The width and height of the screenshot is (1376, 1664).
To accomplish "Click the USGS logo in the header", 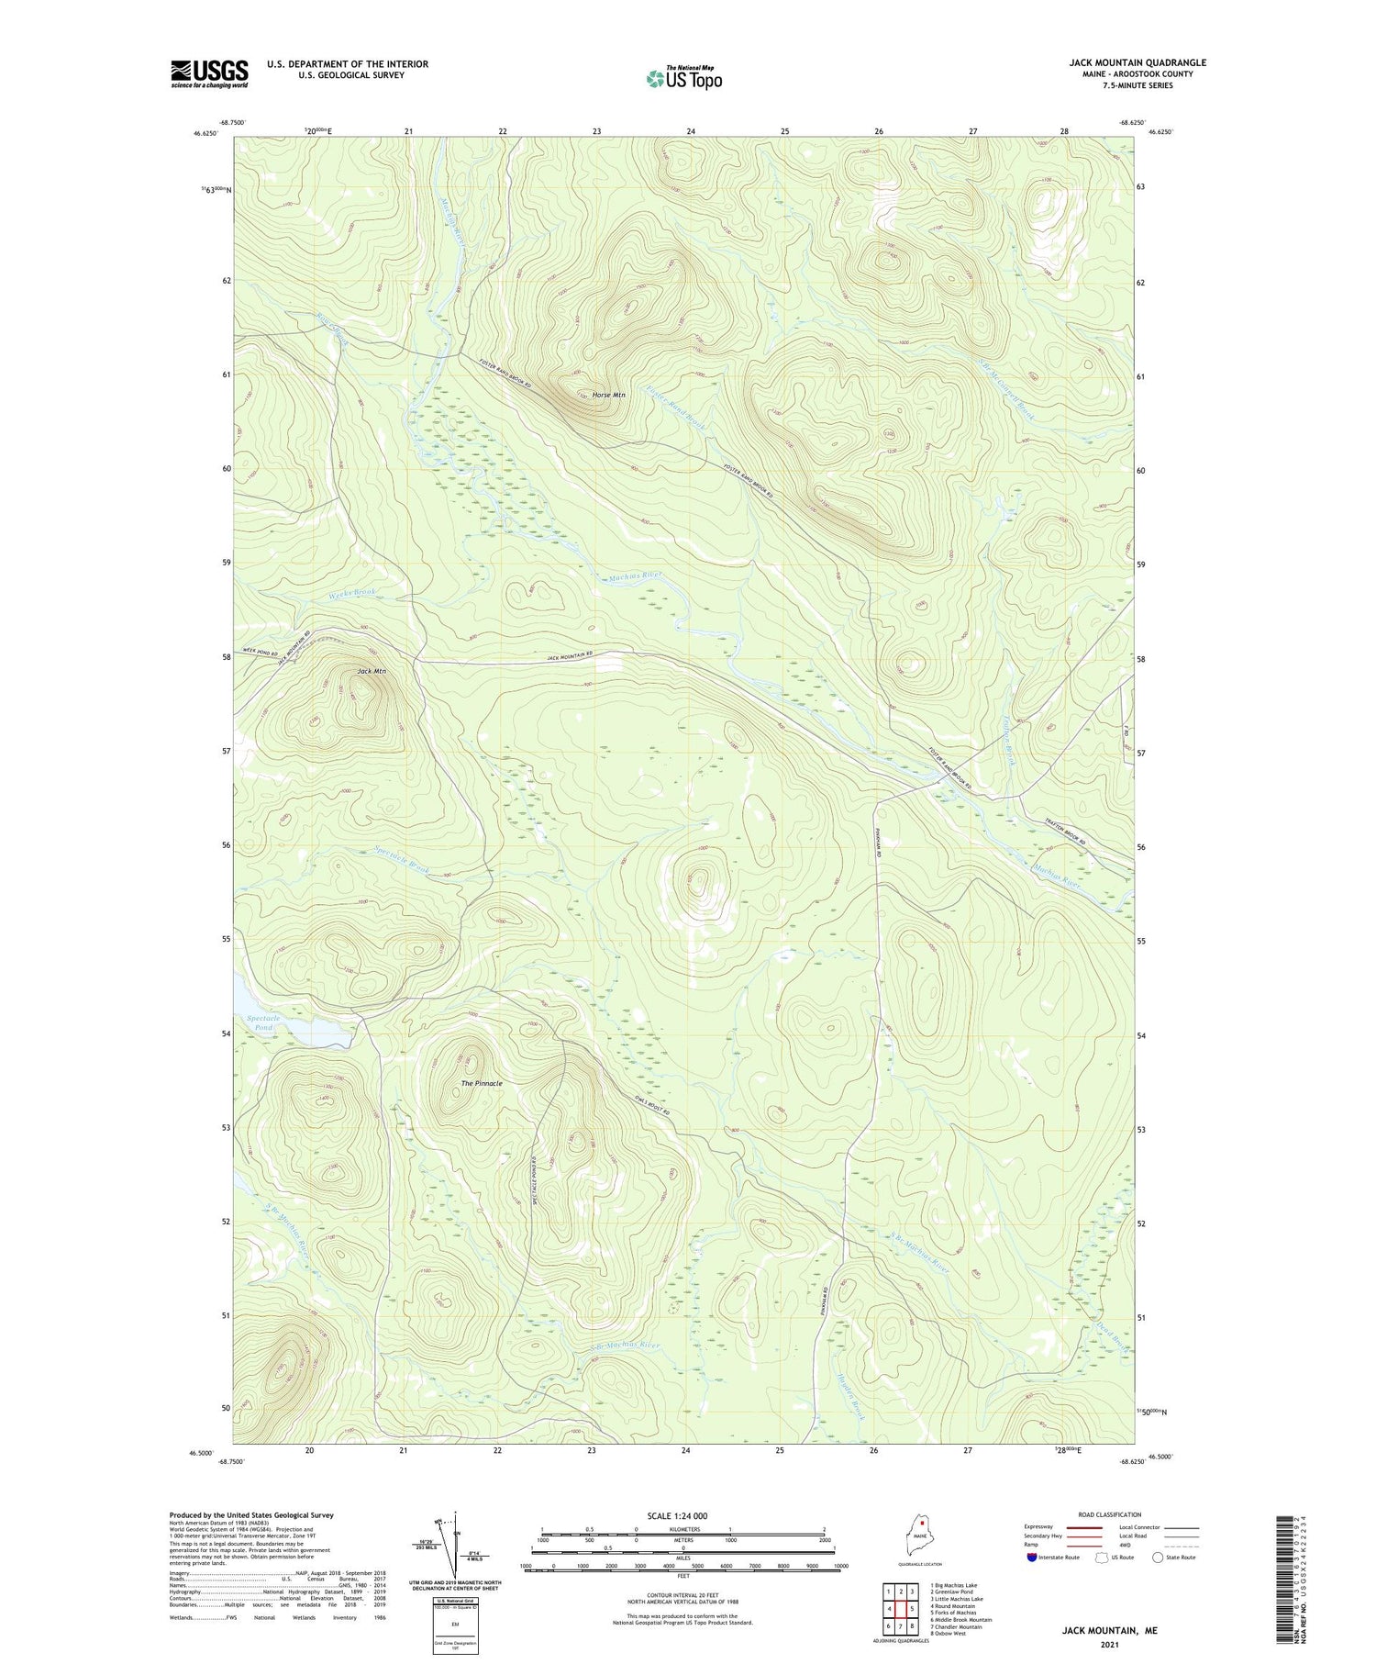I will coord(209,73).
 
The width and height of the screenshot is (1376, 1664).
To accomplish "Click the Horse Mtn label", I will coord(608,395).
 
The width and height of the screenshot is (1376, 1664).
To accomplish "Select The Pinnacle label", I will coord(482,1083).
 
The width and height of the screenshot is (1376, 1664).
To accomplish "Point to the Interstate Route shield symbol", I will coord(1032,1557).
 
